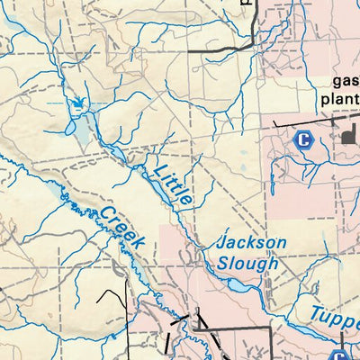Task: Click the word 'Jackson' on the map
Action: click(x=252, y=243)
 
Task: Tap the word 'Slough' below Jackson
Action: click(x=247, y=263)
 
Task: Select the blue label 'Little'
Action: click(x=172, y=185)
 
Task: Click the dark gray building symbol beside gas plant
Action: click(x=347, y=137)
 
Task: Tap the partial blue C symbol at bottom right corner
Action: click(x=338, y=355)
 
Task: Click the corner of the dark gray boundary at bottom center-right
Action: click(x=271, y=331)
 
